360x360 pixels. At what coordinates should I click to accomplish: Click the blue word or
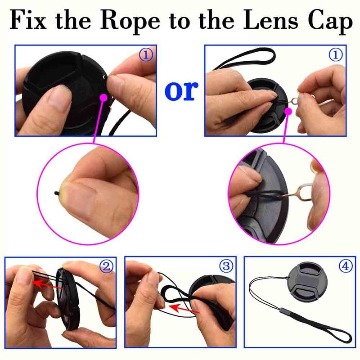click(181, 90)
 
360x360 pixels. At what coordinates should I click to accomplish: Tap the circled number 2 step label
click(106, 267)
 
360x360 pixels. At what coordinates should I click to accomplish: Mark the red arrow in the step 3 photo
click(185, 309)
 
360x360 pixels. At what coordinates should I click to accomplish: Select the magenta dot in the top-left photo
click(104, 96)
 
